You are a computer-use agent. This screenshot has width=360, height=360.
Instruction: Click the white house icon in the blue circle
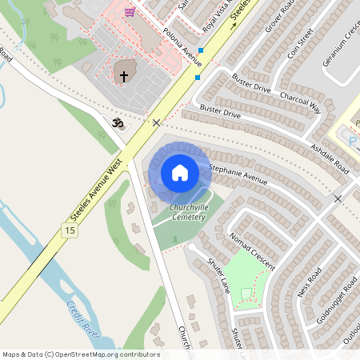180,172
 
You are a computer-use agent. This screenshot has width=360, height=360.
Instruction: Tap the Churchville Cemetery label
188,213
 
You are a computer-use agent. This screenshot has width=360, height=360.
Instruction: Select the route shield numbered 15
69,230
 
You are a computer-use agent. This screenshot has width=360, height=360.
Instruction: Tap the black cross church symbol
123,77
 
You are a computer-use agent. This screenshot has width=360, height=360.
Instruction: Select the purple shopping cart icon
130,13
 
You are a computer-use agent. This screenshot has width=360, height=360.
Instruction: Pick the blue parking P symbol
352,141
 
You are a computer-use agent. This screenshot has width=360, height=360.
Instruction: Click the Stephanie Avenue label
238,174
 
